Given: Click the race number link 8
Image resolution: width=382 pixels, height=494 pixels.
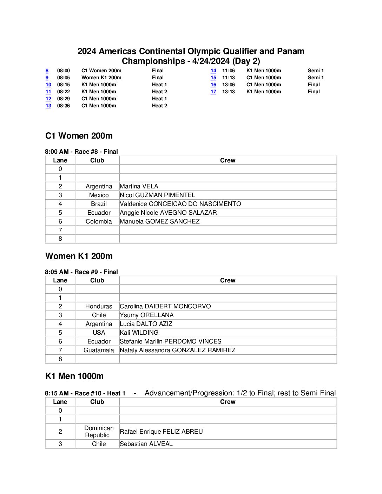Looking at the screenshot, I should coord(47,71).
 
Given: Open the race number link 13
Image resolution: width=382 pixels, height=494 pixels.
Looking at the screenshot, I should coord(48,106).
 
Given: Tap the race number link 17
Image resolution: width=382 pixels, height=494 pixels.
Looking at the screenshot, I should coord(213,92).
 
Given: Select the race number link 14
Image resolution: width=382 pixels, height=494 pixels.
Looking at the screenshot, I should coord(213,71).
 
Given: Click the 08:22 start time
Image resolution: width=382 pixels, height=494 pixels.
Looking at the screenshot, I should coord(64,92).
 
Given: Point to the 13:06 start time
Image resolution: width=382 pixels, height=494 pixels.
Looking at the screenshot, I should coord(229,85).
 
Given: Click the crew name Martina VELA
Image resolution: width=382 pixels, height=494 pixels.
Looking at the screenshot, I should coord(139,186).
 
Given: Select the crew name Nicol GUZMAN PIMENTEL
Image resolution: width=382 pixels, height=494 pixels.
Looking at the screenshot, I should coord(157,195).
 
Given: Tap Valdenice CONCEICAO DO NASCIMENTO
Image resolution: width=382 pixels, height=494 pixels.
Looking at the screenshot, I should coord(180,204).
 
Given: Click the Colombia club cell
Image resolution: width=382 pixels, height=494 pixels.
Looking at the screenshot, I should coord(99,221).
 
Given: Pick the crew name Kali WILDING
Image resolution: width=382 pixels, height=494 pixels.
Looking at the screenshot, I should coord(139,333).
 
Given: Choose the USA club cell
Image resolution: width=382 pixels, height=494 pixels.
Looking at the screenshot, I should coord(99,333).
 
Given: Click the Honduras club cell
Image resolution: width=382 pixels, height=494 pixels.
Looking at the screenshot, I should coord(99,306).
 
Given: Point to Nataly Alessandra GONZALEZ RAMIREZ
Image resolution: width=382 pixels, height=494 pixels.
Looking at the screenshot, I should coord(178,350).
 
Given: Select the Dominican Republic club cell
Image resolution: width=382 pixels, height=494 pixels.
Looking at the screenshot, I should coord(99,432).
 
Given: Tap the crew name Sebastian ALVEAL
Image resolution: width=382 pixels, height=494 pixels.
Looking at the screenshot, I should coord(146,444).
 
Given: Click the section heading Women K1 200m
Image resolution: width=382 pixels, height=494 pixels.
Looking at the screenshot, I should coord(79,256).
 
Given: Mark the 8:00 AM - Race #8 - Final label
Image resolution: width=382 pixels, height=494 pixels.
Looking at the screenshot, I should coord(81,152).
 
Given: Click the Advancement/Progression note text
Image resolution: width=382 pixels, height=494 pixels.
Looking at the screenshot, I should coord(240,393).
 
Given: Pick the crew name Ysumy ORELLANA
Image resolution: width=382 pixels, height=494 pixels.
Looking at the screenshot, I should coord(147,315).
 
